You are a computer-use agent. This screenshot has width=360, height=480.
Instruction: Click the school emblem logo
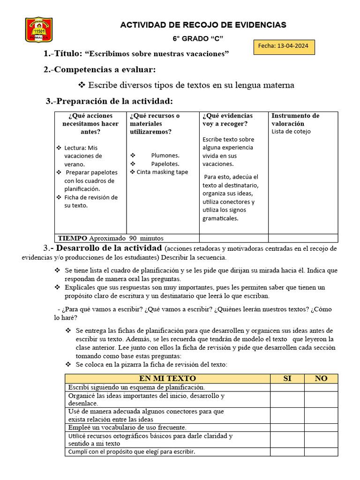[x=38, y=30]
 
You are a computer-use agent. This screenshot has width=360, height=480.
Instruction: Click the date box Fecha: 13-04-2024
[x=284, y=47]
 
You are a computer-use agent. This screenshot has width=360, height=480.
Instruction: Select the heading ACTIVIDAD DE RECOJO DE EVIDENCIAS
[x=203, y=25]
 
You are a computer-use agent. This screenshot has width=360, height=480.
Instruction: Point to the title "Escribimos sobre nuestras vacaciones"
[x=157, y=54]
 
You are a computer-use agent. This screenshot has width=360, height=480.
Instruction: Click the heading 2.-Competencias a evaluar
[x=99, y=69]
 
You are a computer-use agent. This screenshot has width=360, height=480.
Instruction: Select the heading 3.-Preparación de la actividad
[x=109, y=101]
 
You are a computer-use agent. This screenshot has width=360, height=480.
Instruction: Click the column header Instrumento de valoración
[x=295, y=120]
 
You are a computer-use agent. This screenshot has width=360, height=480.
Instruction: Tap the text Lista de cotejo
[x=291, y=131]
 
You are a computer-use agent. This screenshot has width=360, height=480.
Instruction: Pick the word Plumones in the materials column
[x=165, y=155]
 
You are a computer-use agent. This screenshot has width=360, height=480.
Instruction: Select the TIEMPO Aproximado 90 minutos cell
[x=110, y=238]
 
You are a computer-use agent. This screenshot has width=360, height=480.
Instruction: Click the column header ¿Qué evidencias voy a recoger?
[x=227, y=120]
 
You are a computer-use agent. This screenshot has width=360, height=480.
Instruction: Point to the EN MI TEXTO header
[x=167, y=378]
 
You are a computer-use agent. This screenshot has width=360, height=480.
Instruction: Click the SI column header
[x=287, y=378]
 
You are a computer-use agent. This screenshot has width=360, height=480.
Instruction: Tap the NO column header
[x=321, y=378]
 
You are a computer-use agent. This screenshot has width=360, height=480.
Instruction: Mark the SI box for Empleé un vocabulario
[x=287, y=427]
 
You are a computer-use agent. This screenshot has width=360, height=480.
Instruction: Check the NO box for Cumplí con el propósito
[x=321, y=452]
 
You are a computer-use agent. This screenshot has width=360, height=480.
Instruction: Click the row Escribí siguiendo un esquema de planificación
[x=136, y=387]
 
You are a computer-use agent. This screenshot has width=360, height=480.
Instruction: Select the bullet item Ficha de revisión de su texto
[x=90, y=201]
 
